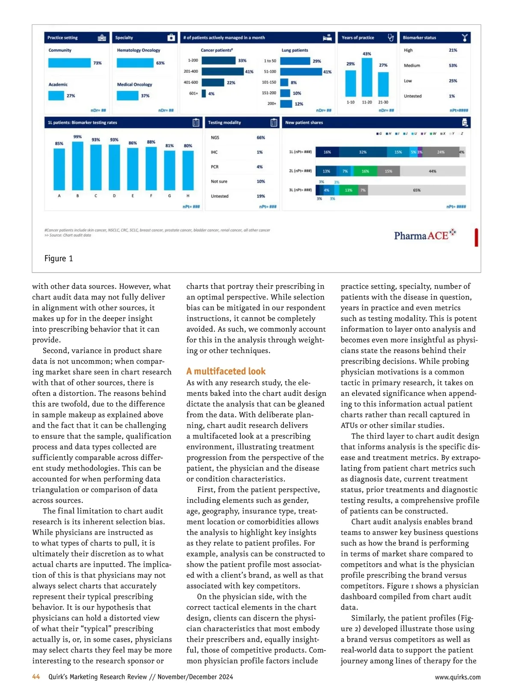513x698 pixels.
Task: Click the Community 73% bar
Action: [x=69, y=63]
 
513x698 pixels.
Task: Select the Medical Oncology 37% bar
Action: [x=127, y=95]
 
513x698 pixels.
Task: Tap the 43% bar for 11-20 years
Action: [x=367, y=77]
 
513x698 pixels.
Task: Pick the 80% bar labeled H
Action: [x=188, y=170]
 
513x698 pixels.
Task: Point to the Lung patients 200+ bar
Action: [x=286, y=104]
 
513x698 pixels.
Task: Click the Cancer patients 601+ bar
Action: [x=204, y=93]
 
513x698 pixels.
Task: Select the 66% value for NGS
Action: [x=261, y=138]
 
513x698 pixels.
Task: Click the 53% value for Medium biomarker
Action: [x=453, y=65]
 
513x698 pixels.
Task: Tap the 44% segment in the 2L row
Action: [x=433, y=171]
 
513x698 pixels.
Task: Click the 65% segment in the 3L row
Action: [x=416, y=190]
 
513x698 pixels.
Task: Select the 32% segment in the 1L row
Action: [x=363, y=152]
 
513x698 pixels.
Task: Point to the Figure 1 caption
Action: [x=59, y=258]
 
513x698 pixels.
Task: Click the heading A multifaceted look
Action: [x=226, y=371]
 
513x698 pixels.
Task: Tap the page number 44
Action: [x=36, y=677]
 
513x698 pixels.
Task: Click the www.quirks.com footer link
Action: [x=457, y=677]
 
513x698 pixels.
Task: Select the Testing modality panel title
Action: [x=224, y=123]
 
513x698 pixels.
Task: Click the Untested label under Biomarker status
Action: [x=413, y=96]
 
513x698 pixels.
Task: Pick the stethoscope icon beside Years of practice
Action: [x=390, y=38]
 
